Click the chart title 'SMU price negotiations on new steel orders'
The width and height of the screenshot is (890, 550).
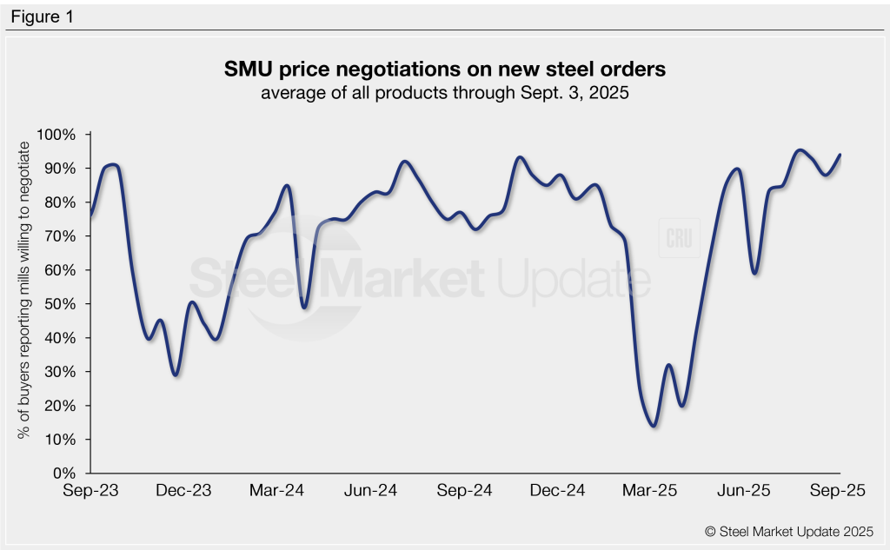tap(444, 69)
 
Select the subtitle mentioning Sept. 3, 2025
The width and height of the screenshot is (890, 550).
tap(444, 93)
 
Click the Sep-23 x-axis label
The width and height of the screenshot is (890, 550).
tap(90, 491)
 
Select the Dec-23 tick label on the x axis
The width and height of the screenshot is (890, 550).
tap(184, 491)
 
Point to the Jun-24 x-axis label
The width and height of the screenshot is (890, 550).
tap(371, 491)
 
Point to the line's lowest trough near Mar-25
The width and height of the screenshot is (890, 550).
tap(653, 426)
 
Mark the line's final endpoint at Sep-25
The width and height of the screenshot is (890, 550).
tap(840, 155)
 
